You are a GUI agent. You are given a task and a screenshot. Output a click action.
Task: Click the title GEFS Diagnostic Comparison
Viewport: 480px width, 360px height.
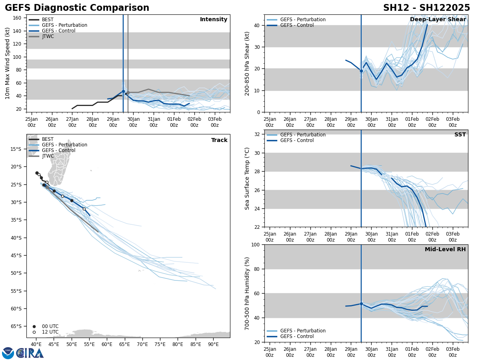77,8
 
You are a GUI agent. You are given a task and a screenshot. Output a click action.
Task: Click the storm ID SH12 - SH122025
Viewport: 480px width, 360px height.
426,8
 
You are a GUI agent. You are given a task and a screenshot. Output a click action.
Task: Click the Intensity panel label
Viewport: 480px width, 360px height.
214,20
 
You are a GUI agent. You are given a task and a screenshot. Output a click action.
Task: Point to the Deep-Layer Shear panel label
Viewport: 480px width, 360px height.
438,20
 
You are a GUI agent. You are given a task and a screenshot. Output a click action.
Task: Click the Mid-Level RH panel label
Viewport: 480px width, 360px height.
445,250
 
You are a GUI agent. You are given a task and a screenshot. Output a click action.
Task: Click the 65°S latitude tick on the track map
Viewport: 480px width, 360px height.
16,326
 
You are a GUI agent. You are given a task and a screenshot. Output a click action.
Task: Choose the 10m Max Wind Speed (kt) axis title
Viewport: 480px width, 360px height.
8,63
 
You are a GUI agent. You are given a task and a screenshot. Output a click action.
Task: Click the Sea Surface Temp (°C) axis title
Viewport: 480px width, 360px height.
247,178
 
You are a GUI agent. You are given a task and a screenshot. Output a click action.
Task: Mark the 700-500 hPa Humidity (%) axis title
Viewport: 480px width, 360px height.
247,293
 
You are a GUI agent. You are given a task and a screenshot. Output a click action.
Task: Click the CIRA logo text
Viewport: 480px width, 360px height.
30,353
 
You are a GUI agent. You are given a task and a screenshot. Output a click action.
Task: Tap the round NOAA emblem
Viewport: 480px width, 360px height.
8,353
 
